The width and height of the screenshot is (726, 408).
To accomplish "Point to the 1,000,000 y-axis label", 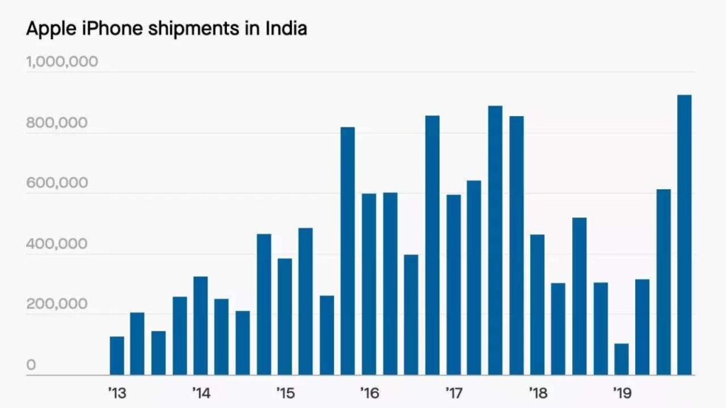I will pos(62,62).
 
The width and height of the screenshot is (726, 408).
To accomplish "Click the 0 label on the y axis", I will pos(31,365).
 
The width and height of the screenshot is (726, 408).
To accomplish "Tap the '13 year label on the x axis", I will pos(117,392).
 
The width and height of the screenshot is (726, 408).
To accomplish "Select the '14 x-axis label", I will pos(201,392).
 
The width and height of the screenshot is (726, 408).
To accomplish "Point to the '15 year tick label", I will pos(285,392).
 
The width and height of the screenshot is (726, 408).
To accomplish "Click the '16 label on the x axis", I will pos(369,392).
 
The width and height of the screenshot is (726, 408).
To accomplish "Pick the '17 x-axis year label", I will pos(453,392).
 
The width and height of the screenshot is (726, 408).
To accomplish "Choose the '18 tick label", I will pos(537,392).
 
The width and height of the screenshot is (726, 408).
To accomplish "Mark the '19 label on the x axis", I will pos(622,392).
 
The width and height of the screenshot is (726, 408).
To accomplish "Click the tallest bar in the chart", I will pos(684,234).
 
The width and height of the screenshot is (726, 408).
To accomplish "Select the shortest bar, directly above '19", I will pos(622,359).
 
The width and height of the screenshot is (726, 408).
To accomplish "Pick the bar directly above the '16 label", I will pos(369,284).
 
